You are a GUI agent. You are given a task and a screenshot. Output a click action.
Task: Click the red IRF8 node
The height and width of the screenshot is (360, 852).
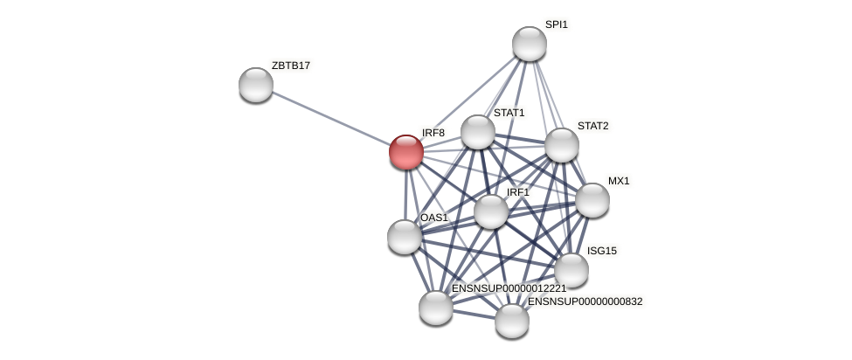click(405, 151)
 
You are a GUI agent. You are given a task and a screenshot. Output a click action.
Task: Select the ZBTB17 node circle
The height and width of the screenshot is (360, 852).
click(256, 84)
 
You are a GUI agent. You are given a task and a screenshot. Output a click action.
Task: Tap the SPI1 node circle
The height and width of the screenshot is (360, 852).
click(529, 44)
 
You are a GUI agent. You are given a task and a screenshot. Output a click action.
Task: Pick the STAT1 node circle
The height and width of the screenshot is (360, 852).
click(478, 132)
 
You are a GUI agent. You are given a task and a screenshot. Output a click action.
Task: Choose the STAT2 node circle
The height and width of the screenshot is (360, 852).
click(561, 145)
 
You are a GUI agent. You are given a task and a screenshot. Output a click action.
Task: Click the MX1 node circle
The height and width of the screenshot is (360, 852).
click(592, 200)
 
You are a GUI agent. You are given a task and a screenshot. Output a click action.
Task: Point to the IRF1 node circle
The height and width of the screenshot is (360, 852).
click(491, 211)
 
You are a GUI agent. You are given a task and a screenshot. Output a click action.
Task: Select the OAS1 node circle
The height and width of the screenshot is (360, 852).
click(405, 237)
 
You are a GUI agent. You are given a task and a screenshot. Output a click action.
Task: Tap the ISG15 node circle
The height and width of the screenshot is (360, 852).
click(571, 270)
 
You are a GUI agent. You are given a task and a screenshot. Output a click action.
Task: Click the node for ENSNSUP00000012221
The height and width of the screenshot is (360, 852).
click(435, 308)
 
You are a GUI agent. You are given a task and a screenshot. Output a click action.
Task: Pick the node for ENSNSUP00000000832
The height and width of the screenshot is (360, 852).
click(511, 321)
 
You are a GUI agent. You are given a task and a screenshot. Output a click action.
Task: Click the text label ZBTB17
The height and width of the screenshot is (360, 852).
click(290, 66)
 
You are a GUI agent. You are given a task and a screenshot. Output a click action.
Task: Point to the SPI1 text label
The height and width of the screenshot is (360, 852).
click(556, 24)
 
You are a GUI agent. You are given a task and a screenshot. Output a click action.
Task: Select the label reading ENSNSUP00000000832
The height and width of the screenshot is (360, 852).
click(585, 301)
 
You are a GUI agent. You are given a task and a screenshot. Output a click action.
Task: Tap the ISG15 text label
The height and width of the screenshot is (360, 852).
click(601, 251)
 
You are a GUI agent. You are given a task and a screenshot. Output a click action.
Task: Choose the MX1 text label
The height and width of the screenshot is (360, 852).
click(619, 181)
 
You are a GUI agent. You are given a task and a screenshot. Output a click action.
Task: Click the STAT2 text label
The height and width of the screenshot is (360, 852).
click(592, 126)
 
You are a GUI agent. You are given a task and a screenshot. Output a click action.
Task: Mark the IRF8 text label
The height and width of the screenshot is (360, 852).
click(433, 133)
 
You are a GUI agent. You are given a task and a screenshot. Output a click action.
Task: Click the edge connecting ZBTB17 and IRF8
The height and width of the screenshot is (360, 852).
click(330, 118)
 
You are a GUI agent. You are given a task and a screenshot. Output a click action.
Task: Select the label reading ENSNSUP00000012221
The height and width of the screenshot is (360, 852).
click(509, 288)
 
